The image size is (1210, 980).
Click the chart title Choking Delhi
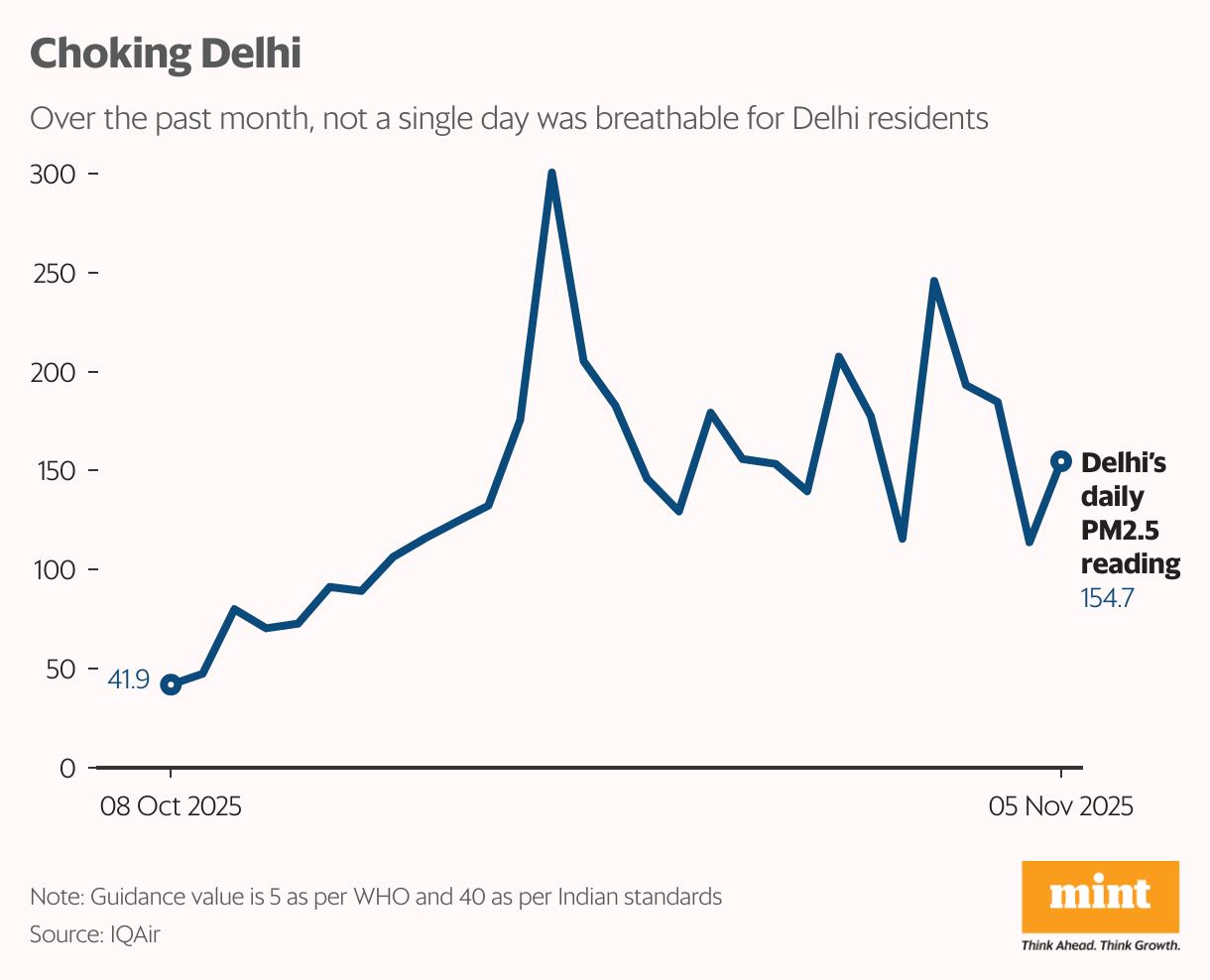165,53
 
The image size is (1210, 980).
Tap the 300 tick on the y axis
54,175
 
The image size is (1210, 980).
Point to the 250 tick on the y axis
54,274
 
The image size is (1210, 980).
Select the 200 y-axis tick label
54,373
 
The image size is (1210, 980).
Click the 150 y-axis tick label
54,471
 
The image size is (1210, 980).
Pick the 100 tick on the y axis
54,570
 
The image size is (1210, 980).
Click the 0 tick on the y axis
67,769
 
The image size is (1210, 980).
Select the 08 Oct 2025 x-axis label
171,806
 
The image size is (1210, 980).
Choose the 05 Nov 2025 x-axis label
1060,806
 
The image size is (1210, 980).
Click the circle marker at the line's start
171,684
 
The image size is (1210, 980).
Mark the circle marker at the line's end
1060,460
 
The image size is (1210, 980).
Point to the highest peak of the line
551,174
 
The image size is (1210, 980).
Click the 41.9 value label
128,680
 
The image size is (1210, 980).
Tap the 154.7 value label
1107,598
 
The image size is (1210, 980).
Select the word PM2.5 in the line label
1120,531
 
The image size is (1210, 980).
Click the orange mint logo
1100,896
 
